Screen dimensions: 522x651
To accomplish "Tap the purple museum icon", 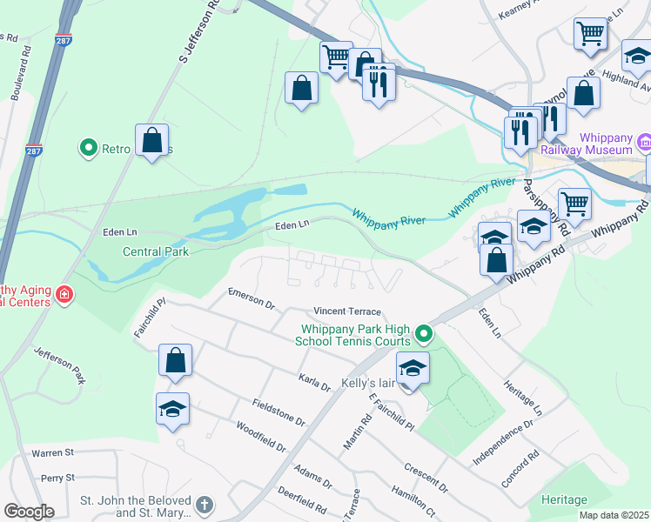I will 645,141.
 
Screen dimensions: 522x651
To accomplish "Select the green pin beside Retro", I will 88,149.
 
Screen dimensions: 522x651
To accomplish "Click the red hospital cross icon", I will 64,296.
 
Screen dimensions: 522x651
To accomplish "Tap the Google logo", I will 29,512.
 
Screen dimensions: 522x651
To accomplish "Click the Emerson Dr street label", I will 251,299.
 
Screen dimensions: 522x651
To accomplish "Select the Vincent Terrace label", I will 347,311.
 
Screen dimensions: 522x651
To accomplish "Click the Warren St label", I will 54,453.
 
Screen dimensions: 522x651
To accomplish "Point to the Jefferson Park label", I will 60,366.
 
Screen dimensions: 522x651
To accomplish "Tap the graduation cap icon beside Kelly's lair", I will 413,368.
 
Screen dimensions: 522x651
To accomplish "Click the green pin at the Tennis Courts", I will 424,333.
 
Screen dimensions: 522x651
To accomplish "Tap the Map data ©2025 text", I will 614,515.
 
